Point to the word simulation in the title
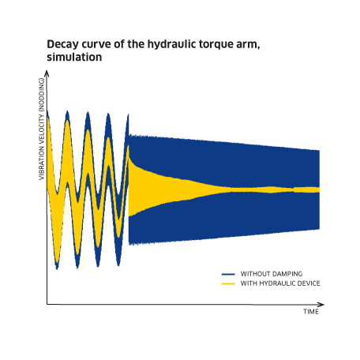(74, 57)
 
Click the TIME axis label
(311, 312)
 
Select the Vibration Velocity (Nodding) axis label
(42, 129)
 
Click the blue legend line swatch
(228, 274)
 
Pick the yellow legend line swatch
(228, 283)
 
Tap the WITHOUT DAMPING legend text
(272, 274)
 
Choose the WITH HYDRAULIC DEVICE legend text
(280, 283)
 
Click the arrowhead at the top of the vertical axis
(47, 73)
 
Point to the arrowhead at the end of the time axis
(321, 305)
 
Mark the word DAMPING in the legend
(287, 274)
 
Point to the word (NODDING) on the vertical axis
(42, 95)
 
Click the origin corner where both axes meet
(47, 305)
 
